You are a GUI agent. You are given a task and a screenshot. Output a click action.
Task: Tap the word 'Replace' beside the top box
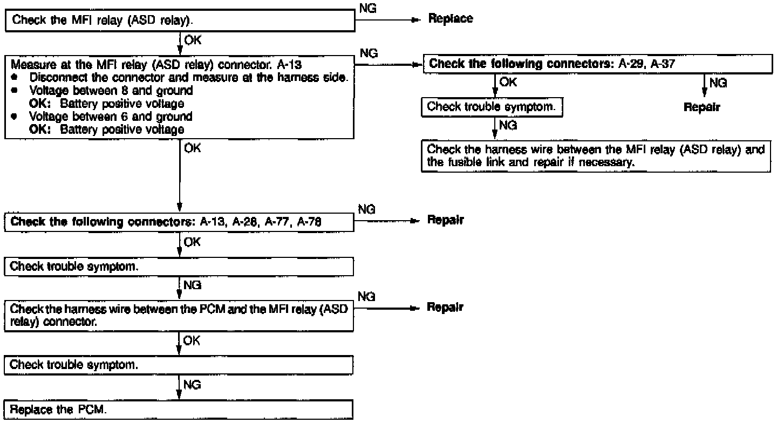(450, 19)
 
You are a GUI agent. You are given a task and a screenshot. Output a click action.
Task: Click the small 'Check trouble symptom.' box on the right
(492, 107)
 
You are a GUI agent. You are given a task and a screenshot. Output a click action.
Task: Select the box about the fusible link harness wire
(596, 156)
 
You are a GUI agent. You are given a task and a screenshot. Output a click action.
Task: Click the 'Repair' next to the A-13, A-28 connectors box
(445, 220)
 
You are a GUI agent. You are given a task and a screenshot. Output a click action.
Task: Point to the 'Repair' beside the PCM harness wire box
(445, 308)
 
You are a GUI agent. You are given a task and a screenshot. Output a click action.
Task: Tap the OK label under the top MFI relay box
(192, 39)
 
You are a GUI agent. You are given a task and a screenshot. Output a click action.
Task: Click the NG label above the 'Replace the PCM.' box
(192, 385)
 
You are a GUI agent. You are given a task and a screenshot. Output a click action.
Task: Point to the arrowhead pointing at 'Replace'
(415, 19)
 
